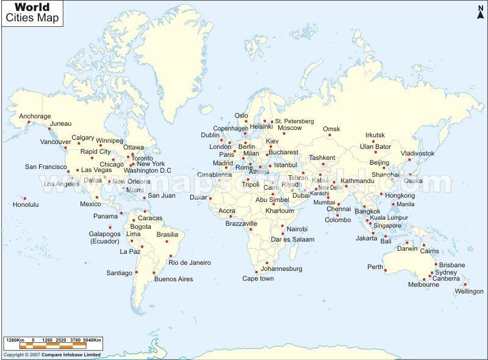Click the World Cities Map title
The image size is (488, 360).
point(37,12)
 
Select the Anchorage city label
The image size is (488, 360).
point(35,116)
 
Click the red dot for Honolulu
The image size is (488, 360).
point(25,198)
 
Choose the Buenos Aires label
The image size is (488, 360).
point(173,279)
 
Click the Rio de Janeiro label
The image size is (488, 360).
point(190,262)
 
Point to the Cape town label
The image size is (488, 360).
point(258,278)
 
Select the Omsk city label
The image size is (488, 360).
point(331,129)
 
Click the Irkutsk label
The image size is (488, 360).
point(375,135)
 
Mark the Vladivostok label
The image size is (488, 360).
point(418,153)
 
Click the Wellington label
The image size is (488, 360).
point(468,291)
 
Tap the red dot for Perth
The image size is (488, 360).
point(386,270)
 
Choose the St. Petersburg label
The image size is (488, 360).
point(294,121)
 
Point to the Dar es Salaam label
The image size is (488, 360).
point(294,240)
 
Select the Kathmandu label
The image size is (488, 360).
point(357,181)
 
